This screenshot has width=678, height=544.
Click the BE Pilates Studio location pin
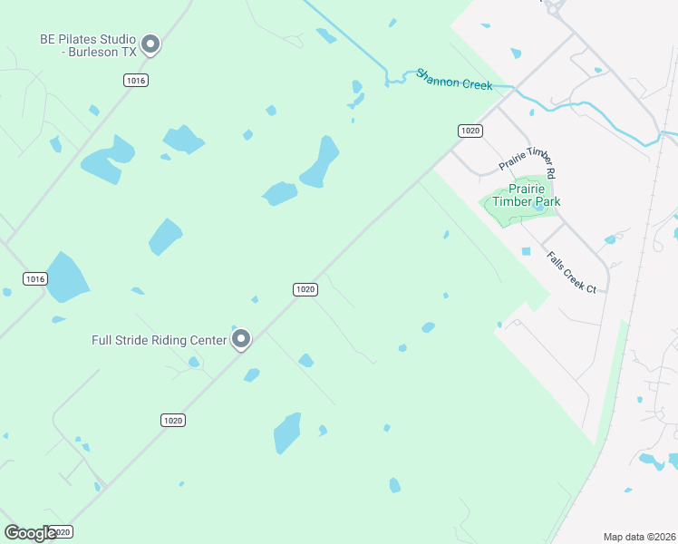(151, 44)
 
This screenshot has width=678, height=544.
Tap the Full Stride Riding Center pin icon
(241, 339)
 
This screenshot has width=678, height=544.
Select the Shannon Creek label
(453, 79)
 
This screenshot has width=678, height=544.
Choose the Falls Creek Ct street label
(571, 272)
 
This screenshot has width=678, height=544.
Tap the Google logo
(30, 533)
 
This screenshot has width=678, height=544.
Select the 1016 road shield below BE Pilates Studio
(136, 81)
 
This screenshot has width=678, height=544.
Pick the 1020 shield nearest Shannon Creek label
(470, 131)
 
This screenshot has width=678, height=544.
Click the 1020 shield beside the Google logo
(61, 532)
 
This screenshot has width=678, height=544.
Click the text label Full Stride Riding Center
(159, 341)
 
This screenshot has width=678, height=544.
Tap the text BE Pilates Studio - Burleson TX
(88, 45)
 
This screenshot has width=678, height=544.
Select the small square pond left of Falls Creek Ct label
(526, 251)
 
